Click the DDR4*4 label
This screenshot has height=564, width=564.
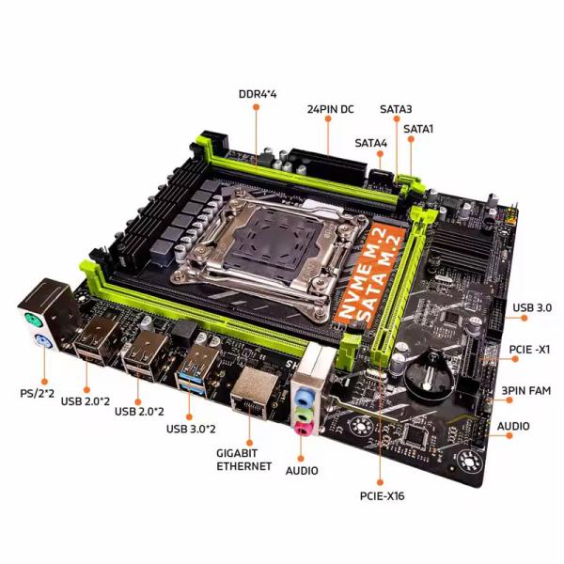coord(258,94)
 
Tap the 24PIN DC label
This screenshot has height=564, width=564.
coord(330,109)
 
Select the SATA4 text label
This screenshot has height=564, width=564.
coord(371,143)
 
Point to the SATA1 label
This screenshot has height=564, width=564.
coord(418,129)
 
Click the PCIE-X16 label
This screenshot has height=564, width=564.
coord(382,496)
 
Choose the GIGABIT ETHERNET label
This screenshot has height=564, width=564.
coord(243,460)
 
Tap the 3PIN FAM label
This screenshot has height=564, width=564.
coord(525,390)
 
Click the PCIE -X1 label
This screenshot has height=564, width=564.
coord(529,350)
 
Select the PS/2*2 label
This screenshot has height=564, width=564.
coord(37,393)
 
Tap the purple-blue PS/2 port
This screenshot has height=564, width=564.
coord(43,342)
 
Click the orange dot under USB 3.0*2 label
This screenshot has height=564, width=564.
coord(189,416)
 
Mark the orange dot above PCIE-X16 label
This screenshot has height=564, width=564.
coord(380,482)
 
